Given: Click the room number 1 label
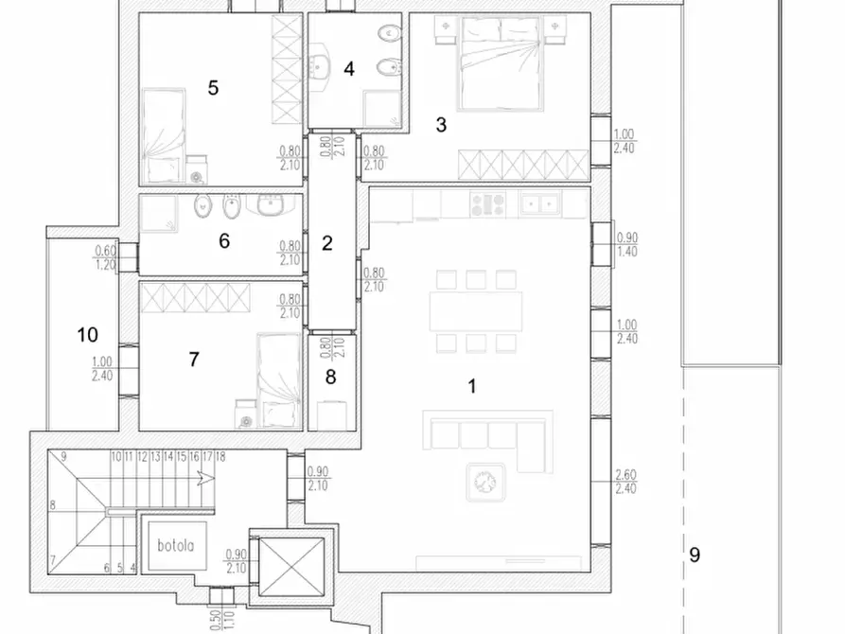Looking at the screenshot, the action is tap(472, 386).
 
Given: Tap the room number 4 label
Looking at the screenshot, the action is tap(348, 69).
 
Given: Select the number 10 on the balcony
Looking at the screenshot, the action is tap(87, 335).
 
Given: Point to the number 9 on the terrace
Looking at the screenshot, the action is tap(695, 555).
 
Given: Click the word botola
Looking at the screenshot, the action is tap(176, 545).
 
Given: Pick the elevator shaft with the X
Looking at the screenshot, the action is tap(291, 567).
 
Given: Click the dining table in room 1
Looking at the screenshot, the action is tap(476, 311).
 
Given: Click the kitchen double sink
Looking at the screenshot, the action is tap(540, 204).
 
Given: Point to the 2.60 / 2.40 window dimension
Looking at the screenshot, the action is tap(625, 482).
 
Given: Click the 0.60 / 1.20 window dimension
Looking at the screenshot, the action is tap(106, 257).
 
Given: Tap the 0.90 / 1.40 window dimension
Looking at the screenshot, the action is tap(626, 244).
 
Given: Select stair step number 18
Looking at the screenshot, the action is tap(220, 457).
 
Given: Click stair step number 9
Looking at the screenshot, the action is tap(63, 457).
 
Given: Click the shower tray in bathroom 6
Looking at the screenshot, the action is tap(158, 214).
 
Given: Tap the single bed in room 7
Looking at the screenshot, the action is tap(278, 380).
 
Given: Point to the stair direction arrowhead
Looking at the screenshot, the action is tap(206, 478).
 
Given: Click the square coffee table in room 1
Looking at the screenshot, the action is tap(485, 482).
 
